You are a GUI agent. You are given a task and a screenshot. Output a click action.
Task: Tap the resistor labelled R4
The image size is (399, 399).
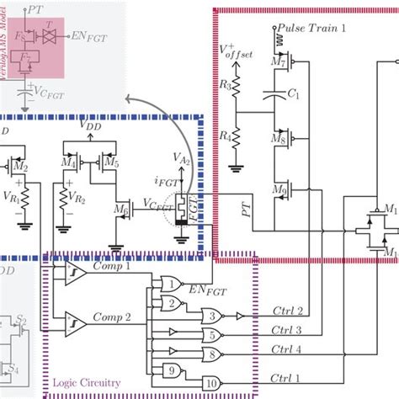pos(237,135)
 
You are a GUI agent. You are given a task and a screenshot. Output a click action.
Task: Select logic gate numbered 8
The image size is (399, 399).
pos(215,354)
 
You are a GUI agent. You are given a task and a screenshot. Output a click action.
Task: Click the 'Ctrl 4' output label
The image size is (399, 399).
pos(287,349)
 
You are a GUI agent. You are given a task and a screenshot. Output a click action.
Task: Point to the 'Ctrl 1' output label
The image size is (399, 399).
pos(287,367)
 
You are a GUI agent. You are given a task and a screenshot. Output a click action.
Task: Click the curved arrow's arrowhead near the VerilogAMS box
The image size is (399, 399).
pos(126,123)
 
